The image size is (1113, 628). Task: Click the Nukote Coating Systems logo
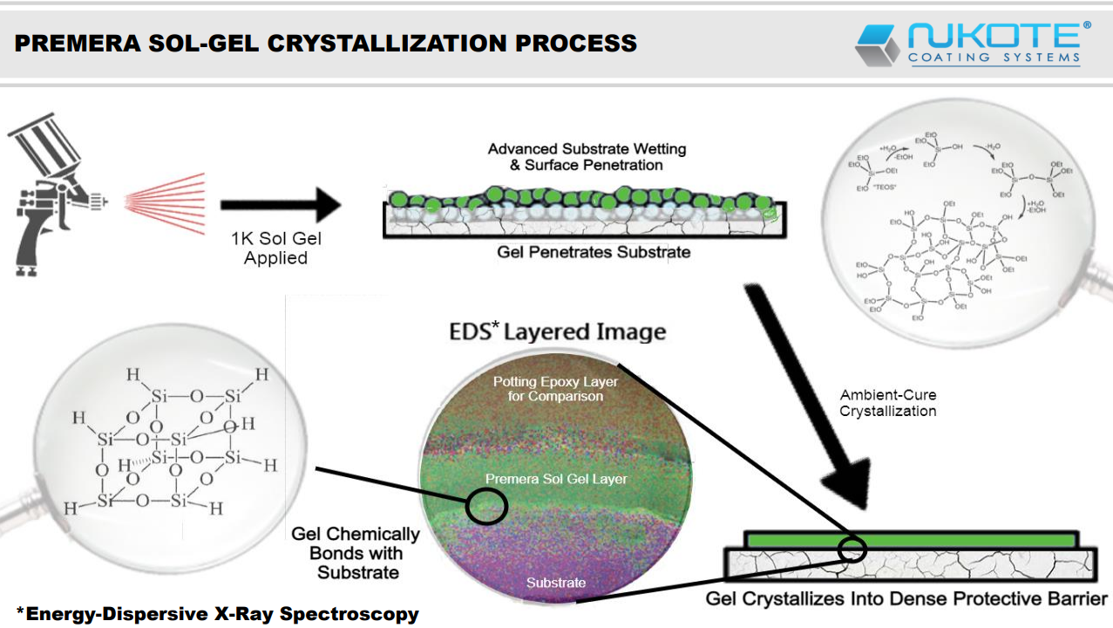coord(972,44)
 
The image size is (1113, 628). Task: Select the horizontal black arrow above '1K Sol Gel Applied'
coord(279,206)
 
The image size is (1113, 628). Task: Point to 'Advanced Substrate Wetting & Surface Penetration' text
coord(587,157)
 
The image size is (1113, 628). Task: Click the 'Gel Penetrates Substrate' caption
coord(594,252)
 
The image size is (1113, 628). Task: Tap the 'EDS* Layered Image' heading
coord(558,331)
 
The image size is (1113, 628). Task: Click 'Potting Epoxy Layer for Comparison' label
coord(555,389)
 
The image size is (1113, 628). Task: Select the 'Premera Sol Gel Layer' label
coord(556,479)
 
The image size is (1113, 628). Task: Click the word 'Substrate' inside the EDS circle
coord(556,583)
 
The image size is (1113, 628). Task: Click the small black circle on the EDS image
coord(486,505)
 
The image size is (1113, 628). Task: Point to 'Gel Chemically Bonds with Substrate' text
coord(356,553)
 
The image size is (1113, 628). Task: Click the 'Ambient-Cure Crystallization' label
coord(888,403)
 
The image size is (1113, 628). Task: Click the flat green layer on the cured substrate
coord(906,539)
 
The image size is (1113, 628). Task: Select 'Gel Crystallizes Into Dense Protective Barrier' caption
coord(906,599)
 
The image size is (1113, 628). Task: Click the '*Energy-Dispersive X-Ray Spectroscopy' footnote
coord(218,614)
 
